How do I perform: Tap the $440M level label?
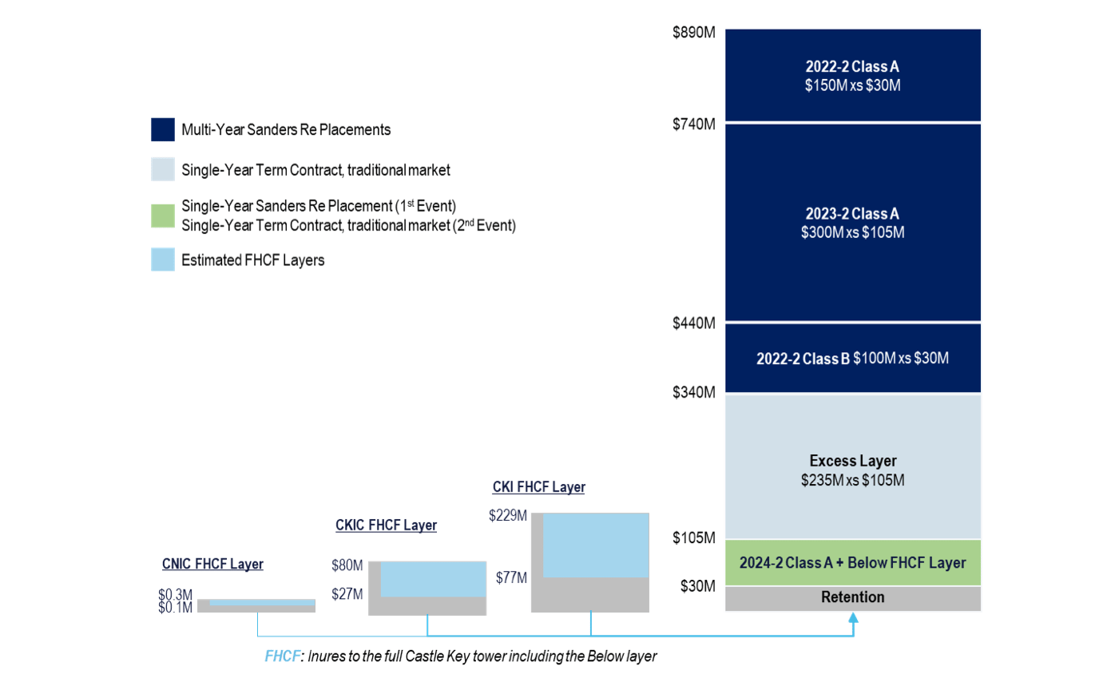pyautogui.click(x=693, y=323)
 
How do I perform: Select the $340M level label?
pyautogui.click(x=693, y=392)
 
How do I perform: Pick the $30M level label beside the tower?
pyautogui.click(x=696, y=586)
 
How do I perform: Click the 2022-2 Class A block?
pyautogui.click(x=852, y=76)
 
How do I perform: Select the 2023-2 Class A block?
pyautogui.click(x=852, y=223)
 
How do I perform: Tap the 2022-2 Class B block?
pyautogui.click(x=852, y=359)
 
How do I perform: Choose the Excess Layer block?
pyautogui.click(x=852, y=470)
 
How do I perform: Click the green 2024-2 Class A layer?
pyautogui.click(x=852, y=563)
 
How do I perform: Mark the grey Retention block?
pyautogui.click(x=852, y=598)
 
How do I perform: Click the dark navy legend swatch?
pyautogui.click(x=162, y=129)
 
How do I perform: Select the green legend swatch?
pyautogui.click(x=162, y=216)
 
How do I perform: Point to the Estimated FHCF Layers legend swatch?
pyautogui.click(x=162, y=260)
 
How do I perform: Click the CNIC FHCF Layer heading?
pyautogui.click(x=212, y=564)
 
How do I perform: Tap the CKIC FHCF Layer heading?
pyautogui.click(x=386, y=525)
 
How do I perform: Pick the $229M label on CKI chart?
pyautogui.click(x=508, y=517)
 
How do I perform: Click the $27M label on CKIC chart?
pyautogui.click(x=347, y=594)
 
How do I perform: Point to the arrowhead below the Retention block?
pyautogui.click(x=853, y=617)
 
